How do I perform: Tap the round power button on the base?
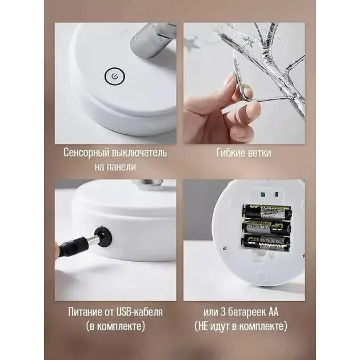(114, 76)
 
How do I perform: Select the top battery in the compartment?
(267, 211)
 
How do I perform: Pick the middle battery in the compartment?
(266, 227)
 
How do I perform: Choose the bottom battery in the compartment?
(265, 243)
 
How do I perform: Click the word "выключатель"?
(139, 153)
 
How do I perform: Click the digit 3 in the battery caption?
(223, 312)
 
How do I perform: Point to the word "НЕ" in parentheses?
(203, 326)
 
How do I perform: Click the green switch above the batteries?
(262, 194)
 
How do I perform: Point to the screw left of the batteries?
(225, 248)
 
